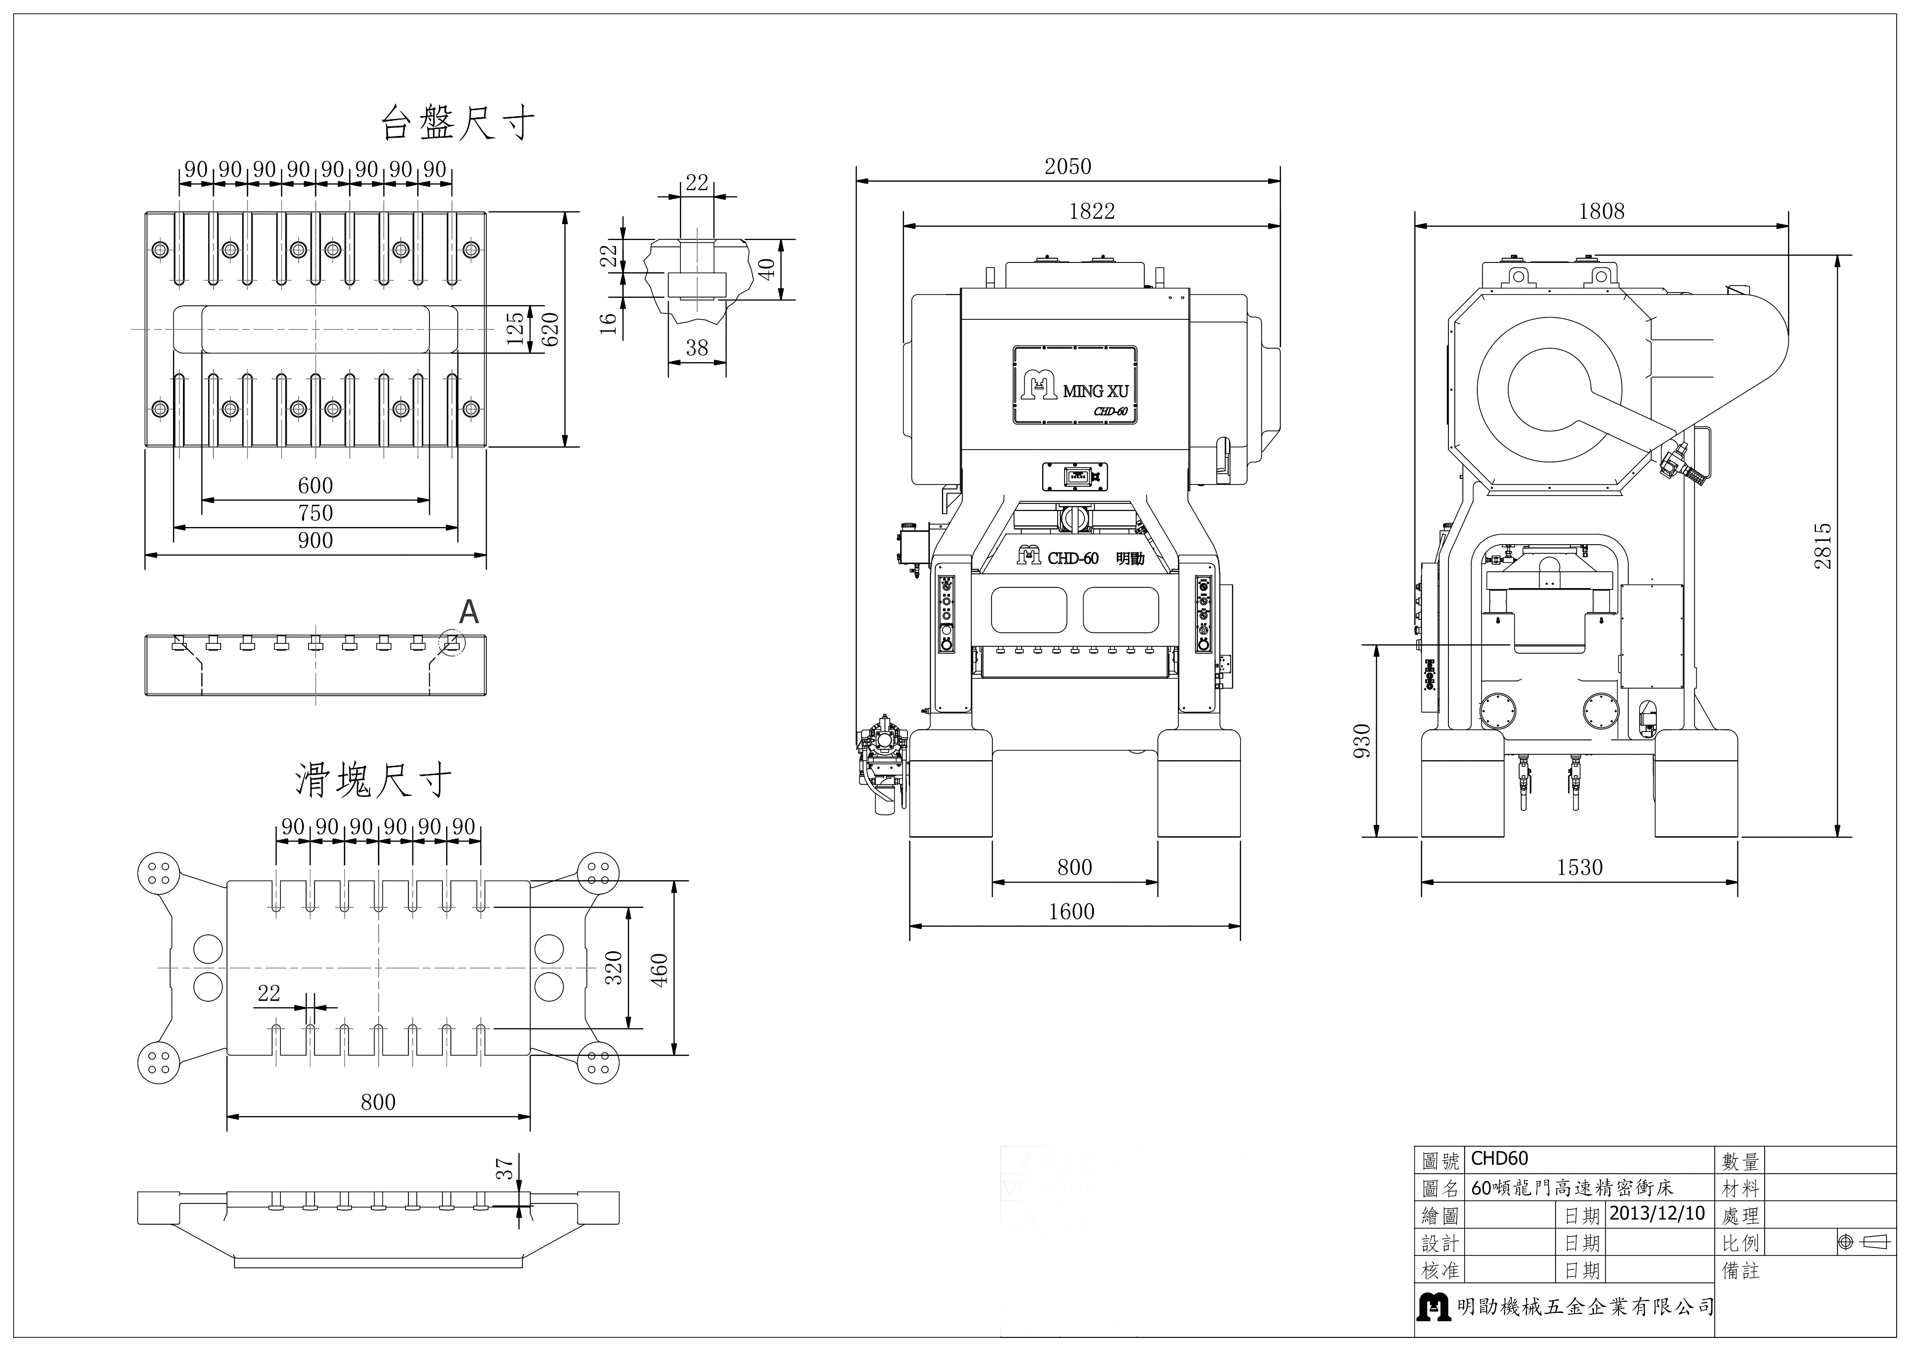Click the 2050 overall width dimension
point(1068,166)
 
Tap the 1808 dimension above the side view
point(1601,211)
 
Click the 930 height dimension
point(1362,741)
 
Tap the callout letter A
point(469,613)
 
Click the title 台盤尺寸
point(458,123)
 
